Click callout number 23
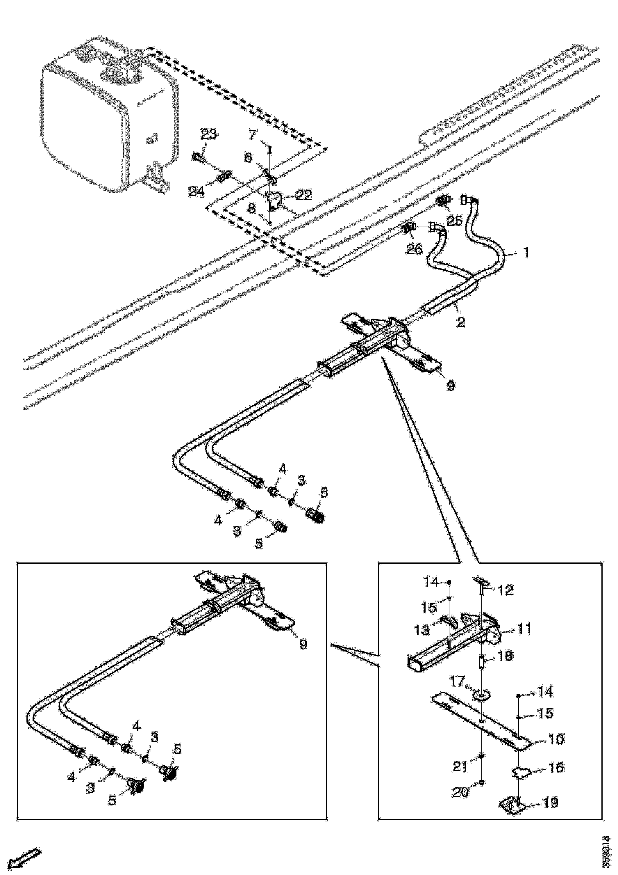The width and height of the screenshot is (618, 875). point(209,134)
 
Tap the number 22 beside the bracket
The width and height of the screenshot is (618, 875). point(303,195)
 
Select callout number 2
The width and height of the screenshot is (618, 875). point(461,322)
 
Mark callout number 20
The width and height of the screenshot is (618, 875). point(461,792)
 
